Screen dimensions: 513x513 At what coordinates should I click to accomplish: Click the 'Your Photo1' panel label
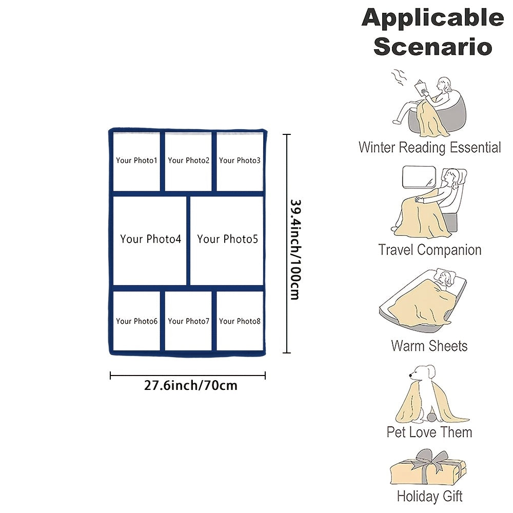[x=136, y=161]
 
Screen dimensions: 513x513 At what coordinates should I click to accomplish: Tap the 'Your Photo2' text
[x=189, y=161]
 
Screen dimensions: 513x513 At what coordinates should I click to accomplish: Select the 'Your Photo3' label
[x=240, y=161]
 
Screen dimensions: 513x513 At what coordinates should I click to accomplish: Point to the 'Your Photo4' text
[x=151, y=239]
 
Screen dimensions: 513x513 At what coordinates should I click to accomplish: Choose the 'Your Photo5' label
[x=227, y=239]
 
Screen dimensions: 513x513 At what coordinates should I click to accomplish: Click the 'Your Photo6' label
[x=136, y=321]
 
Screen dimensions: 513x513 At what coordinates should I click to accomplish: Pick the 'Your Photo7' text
[x=189, y=321]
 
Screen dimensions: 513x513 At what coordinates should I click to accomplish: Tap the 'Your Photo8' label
[x=240, y=321]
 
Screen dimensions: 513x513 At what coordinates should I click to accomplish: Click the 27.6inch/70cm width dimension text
[x=191, y=385]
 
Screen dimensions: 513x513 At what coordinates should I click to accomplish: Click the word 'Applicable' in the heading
[x=432, y=19]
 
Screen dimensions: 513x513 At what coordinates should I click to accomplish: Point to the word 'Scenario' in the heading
[x=432, y=47]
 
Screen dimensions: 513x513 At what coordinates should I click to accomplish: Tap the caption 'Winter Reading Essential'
[x=430, y=148]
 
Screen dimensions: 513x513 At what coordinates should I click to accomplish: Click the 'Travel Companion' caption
[x=430, y=250]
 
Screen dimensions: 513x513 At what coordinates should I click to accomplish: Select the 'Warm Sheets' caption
[x=430, y=346]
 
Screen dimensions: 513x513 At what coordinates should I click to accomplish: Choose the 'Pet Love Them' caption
[x=430, y=432]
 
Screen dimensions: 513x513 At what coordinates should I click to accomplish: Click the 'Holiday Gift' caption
[x=430, y=497]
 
